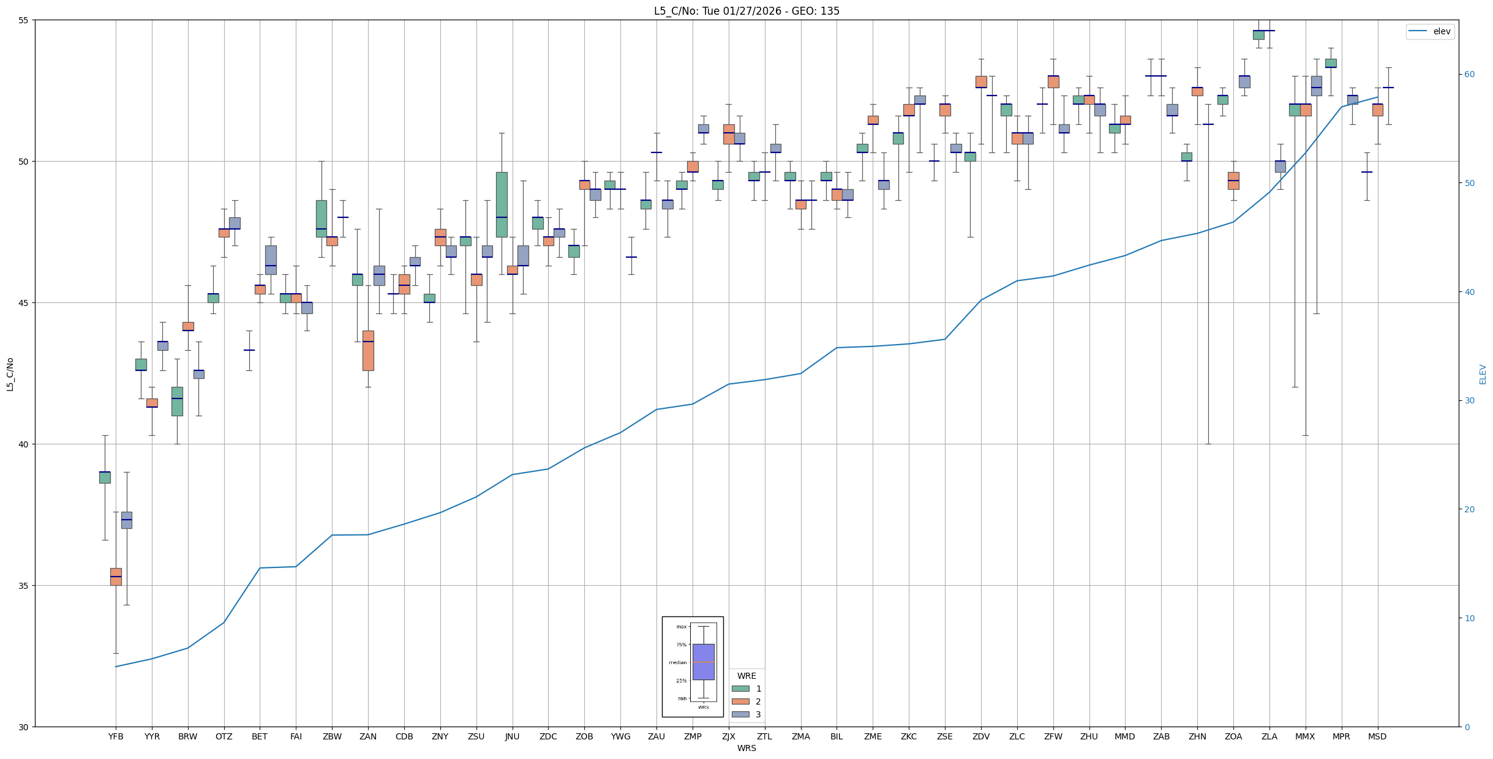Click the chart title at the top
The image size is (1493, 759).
pyautogui.click(x=746, y=11)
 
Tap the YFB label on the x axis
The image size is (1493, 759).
pyautogui.click(x=116, y=736)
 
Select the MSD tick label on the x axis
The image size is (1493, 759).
pyautogui.click(x=1377, y=736)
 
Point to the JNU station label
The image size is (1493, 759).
pyautogui.click(x=512, y=736)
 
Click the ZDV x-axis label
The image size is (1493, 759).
pyautogui.click(x=981, y=736)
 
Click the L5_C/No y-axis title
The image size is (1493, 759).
pyautogui.click(x=10, y=374)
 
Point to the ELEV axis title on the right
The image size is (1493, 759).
pyautogui.click(x=1483, y=374)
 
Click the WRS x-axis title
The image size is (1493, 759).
pyautogui.click(x=746, y=748)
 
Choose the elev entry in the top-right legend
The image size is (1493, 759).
pyautogui.click(x=1430, y=31)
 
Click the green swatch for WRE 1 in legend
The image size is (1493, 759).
pyautogui.click(x=740, y=689)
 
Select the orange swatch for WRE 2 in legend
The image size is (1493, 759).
pyautogui.click(x=740, y=701)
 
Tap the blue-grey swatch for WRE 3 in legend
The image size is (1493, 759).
pyautogui.click(x=740, y=714)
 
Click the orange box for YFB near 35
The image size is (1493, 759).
pyautogui.click(x=116, y=577)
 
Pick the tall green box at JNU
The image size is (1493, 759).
pyautogui.click(x=502, y=204)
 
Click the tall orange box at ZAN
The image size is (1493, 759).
pyautogui.click(x=368, y=351)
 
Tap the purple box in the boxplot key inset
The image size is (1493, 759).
pyautogui.click(x=703, y=662)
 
